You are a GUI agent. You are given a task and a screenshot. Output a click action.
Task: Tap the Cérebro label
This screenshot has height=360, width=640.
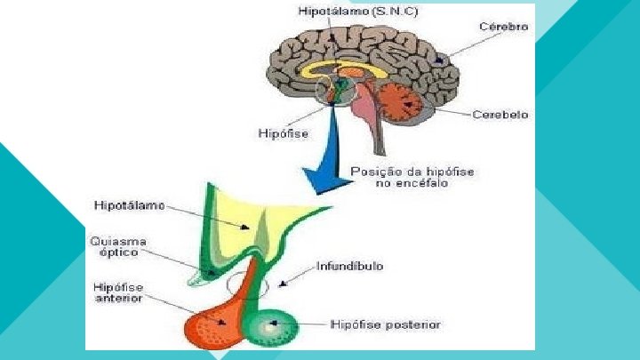click(504, 27)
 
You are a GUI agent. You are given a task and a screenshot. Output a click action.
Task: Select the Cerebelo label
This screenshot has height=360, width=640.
click(500, 115)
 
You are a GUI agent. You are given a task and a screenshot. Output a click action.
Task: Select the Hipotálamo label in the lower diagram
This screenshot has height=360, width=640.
click(129, 206)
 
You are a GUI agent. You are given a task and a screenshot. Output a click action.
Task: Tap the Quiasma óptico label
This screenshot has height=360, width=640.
click(117, 247)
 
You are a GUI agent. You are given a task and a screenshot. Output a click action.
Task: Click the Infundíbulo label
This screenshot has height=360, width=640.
click(349, 266)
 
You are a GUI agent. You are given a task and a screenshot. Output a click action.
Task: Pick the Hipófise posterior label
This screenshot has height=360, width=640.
click(385, 324)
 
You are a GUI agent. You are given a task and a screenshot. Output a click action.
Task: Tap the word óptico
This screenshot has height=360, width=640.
click(117, 253)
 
